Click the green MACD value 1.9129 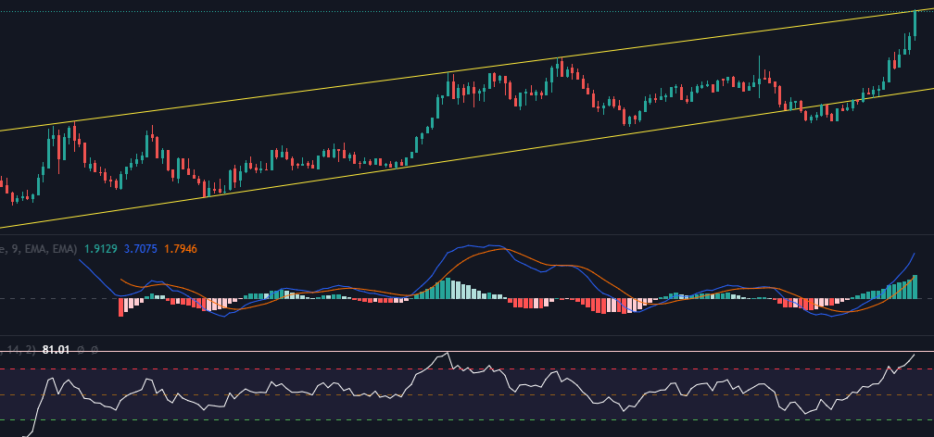pyautogui.click(x=100, y=248)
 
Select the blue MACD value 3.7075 pyautogui.click(x=139, y=248)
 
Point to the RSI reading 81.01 pyautogui.click(x=56, y=349)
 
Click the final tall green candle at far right pyautogui.click(x=915, y=24)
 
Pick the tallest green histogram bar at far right pyautogui.click(x=915, y=287)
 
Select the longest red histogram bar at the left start pyautogui.click(x=120, y=306)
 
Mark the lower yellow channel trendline pyautogui.click(x=463, y=156)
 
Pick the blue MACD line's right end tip pyautogui.click(x=915, y=253)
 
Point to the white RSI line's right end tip pyautogui.click(x=915, y=354)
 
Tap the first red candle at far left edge pyautogui.click(x=11, y=194)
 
